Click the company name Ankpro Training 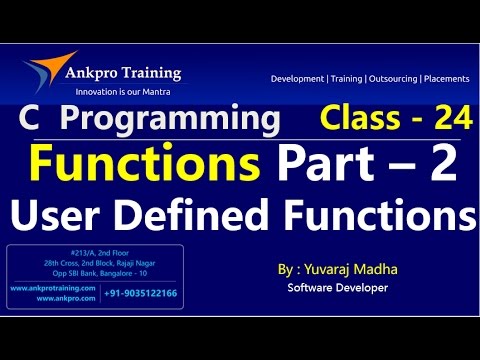pyautogui.click(x=126, y=72)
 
